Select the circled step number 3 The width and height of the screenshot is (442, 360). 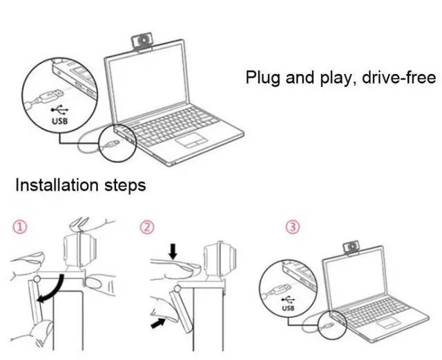(294, 227)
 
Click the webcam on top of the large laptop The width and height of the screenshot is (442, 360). (144, 44)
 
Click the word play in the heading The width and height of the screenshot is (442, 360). (328, 77)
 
